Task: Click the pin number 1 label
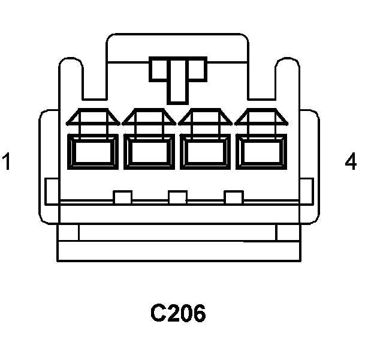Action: tap(7, 162)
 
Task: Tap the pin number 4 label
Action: tap(351, 162)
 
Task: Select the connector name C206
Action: tap(177, 313)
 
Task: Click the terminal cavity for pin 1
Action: tap(93, 151)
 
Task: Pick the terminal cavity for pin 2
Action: tap(149, 151)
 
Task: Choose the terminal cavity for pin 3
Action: tap(205, 151)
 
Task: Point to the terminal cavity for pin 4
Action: tap(261, 151)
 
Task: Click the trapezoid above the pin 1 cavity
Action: tap(93, 118)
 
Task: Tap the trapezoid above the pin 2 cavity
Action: tap(149, 118)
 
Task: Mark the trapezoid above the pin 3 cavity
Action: tap(205, 118)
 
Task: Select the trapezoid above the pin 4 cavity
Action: tap(261, 118)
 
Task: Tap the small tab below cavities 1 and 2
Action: tap(122, 197)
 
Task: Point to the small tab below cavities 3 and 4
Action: tap(233, 197)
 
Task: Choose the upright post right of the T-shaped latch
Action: tap(286, 81)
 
